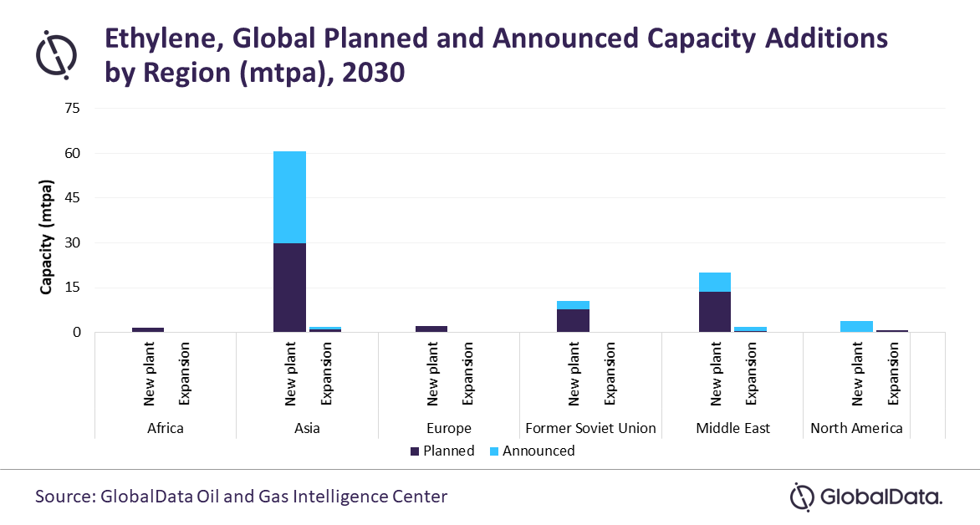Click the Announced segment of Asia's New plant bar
(x=289, y=197)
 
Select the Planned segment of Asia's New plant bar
(x=289, y=288)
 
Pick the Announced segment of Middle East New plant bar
(x=715, y=282)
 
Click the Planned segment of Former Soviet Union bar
(x=573, y=320)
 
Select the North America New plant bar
(x=856, y=326)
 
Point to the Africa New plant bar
(x=148, y=329)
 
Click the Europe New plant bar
(x=431, y=329)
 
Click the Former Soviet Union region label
(x=590, y=428)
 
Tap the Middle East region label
(x=732, y=428)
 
